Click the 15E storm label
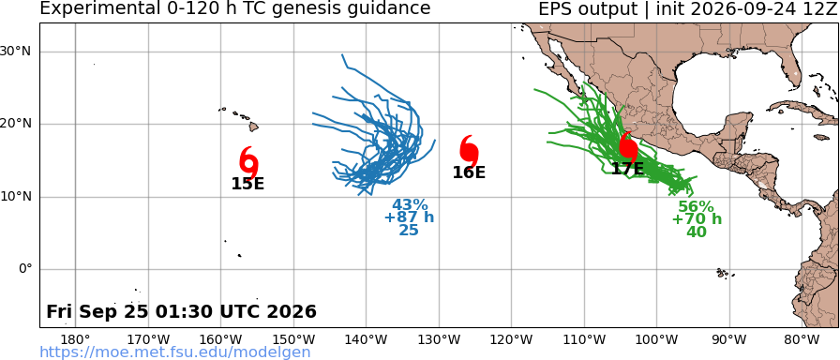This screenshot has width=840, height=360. [x=247, y=184]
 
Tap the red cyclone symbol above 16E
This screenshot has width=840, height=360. [x=469, y=151]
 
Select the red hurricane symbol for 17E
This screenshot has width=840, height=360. [x=628, y=147]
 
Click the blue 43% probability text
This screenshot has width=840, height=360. [x=410, y=205]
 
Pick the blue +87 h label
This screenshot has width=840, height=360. [x=410, y=217]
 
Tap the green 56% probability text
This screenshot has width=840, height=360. [x=696, y=207]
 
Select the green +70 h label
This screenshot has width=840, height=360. [x=697, y=219]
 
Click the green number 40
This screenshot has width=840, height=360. [x=697, y=232]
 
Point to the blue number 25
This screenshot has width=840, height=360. [x=409, y=231]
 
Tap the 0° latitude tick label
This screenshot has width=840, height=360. [x=25, y=269]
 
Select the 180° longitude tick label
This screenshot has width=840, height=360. [x=76, y=339]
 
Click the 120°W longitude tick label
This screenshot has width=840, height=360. [x=512, y=339]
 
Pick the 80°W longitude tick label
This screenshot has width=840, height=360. [x=802, y=339]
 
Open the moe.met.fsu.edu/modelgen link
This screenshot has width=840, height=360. [x=175, y=352]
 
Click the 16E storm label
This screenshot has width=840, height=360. [x=469, y=172]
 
